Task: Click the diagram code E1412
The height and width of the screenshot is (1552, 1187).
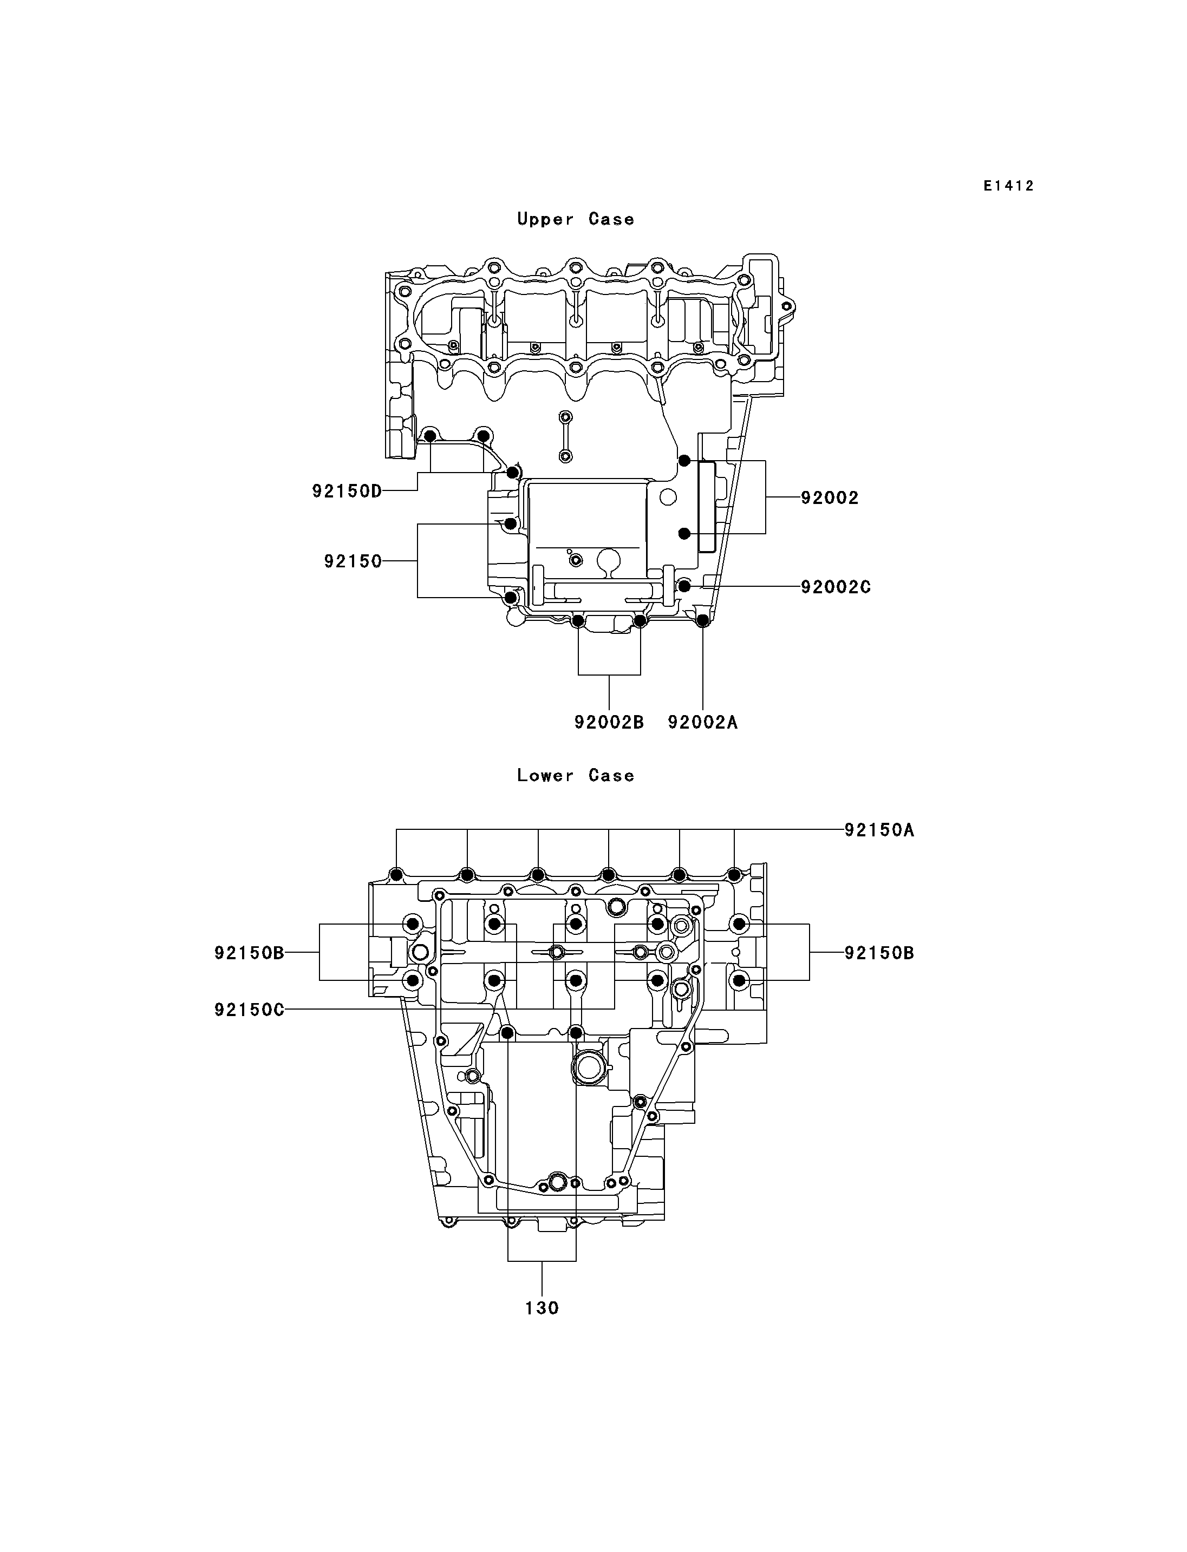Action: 1008,186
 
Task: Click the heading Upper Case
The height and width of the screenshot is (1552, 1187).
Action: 576,219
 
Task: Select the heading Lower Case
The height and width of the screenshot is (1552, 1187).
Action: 576,775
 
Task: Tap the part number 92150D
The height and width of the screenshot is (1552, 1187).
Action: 347,491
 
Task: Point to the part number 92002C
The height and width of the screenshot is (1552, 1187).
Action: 836,587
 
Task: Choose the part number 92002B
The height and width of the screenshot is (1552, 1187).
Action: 609,722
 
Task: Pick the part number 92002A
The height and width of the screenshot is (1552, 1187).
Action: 702,722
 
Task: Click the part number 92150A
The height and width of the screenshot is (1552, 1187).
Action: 879,830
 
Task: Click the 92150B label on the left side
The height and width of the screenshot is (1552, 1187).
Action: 250,953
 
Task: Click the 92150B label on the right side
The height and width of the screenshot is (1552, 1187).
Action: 879,953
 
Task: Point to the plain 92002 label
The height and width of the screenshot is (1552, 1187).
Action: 830,498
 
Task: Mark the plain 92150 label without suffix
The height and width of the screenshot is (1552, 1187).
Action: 353,561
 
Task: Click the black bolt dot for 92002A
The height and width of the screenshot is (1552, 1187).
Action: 702,621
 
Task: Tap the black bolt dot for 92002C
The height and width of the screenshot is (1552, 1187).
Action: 684,586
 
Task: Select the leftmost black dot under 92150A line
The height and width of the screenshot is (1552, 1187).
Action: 396,876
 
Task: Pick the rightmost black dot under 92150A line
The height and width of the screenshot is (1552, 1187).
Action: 734,876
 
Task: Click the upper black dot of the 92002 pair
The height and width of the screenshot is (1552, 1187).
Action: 684,461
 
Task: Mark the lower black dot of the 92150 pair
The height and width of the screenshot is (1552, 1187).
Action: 510,598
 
